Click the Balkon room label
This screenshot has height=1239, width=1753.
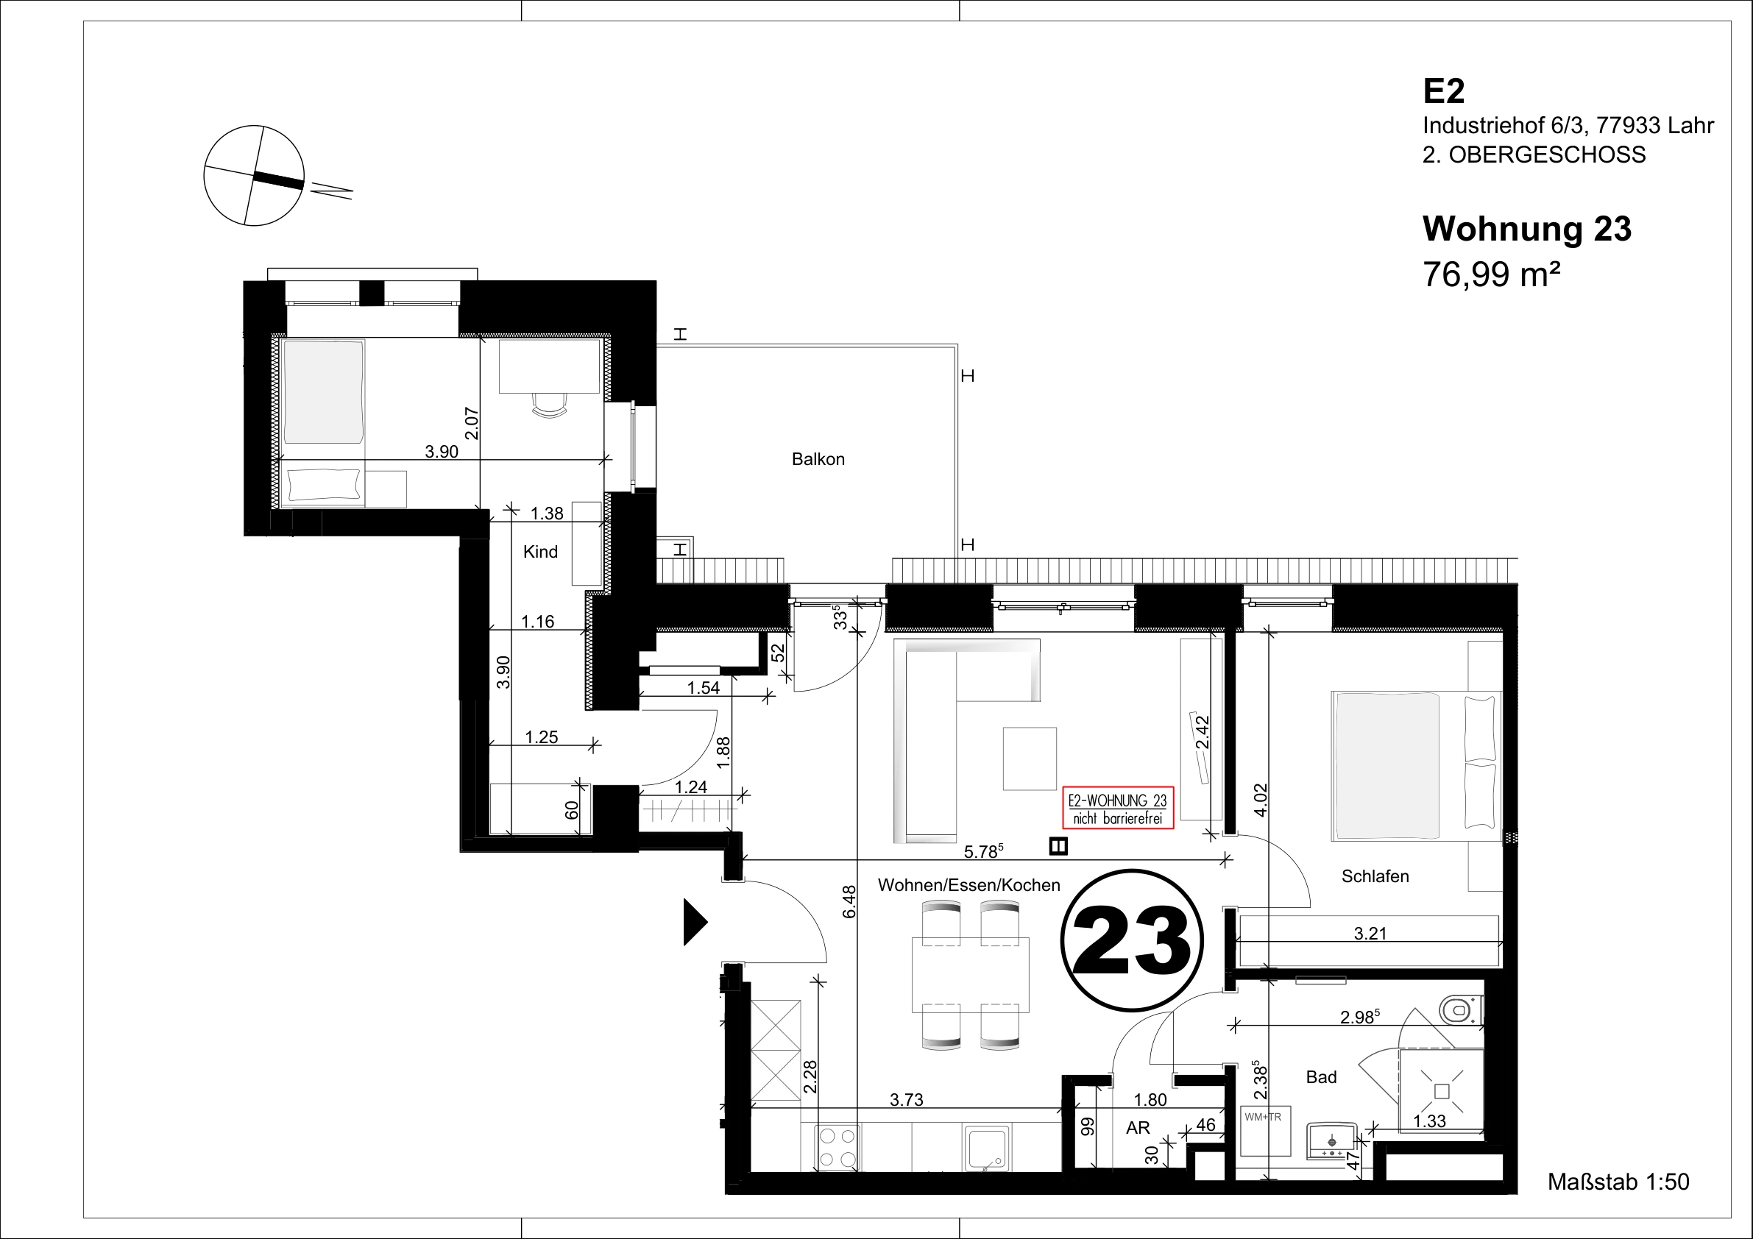(x=818, y=459)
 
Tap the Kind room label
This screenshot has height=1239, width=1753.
(x=541, y=551)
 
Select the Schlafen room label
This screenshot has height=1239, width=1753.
(x=1375, y=876)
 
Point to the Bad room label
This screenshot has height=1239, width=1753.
(x=1321, y=1077)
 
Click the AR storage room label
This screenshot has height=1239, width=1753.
(x=1138, y=1129)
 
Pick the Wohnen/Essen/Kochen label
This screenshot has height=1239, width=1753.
(x=969, y=885)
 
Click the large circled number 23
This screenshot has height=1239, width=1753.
(x=1132, y=940)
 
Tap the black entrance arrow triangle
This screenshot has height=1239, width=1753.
(x=695, y=922)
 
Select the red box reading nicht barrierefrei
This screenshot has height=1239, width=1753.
(x=1118, y=808)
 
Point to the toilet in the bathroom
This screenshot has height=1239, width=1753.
(x=1461, y=1011)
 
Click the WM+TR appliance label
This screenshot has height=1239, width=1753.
(x=1263, y=1117)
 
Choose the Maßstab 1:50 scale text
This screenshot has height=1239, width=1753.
(x=1618, y=1182)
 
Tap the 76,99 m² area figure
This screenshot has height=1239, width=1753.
(x=1491, y=274)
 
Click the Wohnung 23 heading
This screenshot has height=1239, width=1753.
(x=1526, y=228)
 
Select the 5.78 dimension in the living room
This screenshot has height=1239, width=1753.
(x=983, y=851)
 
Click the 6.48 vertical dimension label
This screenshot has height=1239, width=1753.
(x=849, y=901)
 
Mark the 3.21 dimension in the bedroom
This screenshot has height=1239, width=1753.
(x=1370, y=933)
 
